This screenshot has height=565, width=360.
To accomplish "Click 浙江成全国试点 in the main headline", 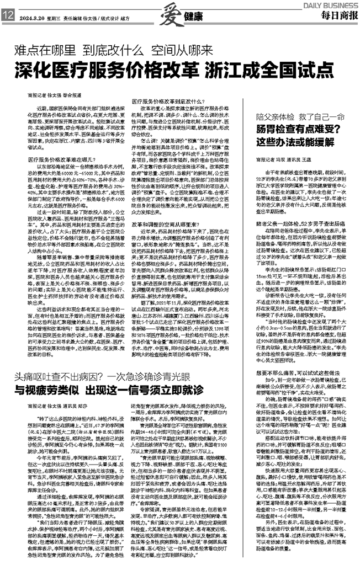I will pyautogui.click(x=268, y=72).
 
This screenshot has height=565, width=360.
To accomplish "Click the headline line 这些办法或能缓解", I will pyautogui.click(x=283, y=142).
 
